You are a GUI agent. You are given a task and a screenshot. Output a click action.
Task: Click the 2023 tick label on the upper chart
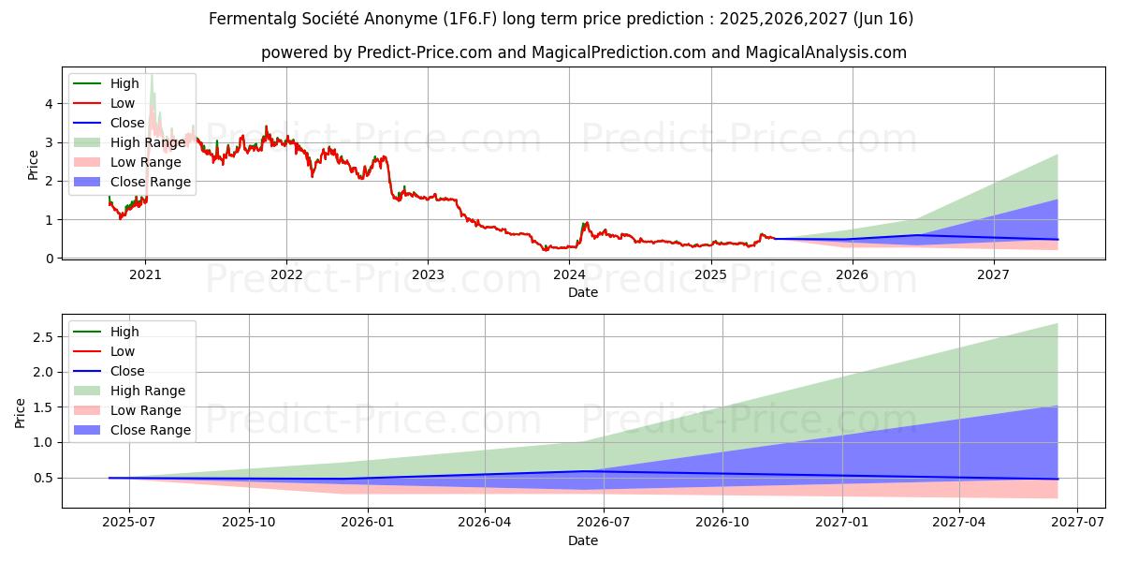coord(428,274)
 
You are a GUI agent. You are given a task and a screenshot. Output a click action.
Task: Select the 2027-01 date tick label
coord(843,522)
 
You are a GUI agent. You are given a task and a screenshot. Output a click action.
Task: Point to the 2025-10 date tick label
coord(248,522)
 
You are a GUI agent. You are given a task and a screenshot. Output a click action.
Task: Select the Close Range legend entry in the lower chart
coord(150,430)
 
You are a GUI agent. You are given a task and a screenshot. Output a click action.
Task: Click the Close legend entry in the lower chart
coord(127,371)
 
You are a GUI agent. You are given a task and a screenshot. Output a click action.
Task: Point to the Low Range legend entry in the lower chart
coord(146,410)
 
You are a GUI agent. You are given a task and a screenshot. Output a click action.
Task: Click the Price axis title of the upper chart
coord(34,166)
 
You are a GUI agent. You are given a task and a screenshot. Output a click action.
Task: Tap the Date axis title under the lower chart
coord(582,540)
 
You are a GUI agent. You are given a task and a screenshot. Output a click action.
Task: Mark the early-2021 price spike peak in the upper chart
coord(152,77)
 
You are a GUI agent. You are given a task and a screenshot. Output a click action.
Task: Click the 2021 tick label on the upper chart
coord(145,274)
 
